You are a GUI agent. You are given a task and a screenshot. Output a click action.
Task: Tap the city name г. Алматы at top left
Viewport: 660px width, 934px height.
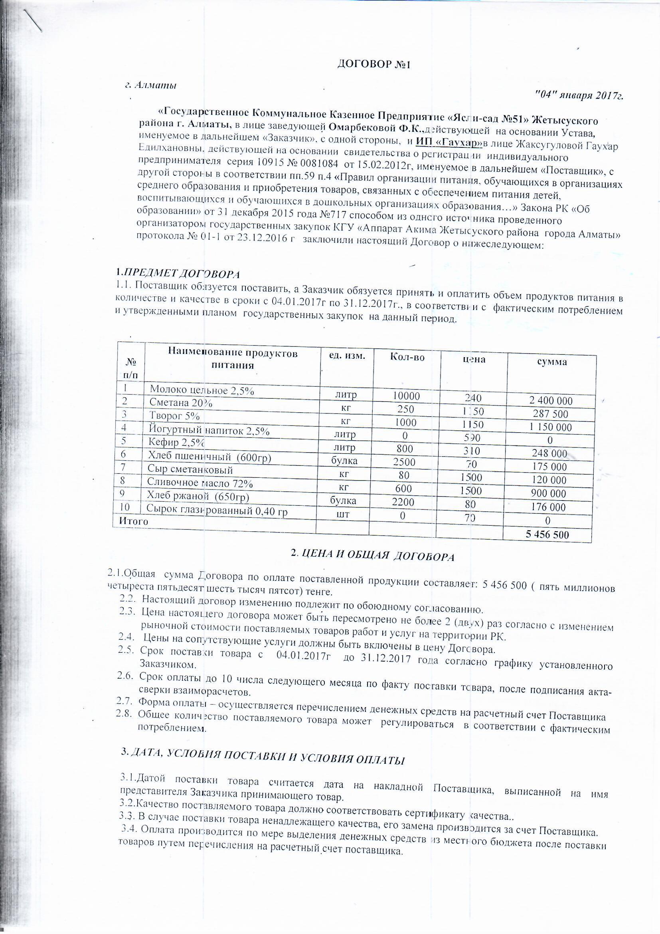[150, 85]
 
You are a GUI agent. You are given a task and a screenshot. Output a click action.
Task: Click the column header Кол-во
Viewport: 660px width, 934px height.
[407, 357]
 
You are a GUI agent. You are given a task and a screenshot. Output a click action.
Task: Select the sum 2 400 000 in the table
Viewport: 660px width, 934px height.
[550, 401]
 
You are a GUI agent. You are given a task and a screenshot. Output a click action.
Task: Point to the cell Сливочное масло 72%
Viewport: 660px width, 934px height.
[200, 484]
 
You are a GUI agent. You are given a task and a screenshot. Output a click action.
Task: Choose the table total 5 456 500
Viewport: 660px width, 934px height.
[547, 535]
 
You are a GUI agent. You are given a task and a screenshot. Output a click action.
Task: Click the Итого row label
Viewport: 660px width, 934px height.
[132, 521]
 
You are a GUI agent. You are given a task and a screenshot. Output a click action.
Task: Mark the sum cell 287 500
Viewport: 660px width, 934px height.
[550, 414]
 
